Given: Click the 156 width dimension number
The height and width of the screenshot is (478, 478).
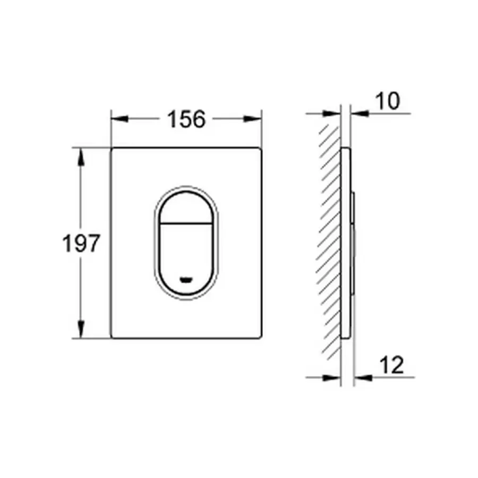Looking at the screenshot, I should click(x=186, y=119).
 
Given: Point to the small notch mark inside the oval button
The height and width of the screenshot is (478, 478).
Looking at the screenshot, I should click(x=185, y=278).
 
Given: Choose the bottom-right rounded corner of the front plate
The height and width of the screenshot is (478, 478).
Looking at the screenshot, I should click(x=260, y=337).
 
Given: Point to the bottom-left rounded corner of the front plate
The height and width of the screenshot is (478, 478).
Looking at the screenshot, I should click(x=113, y=337).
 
